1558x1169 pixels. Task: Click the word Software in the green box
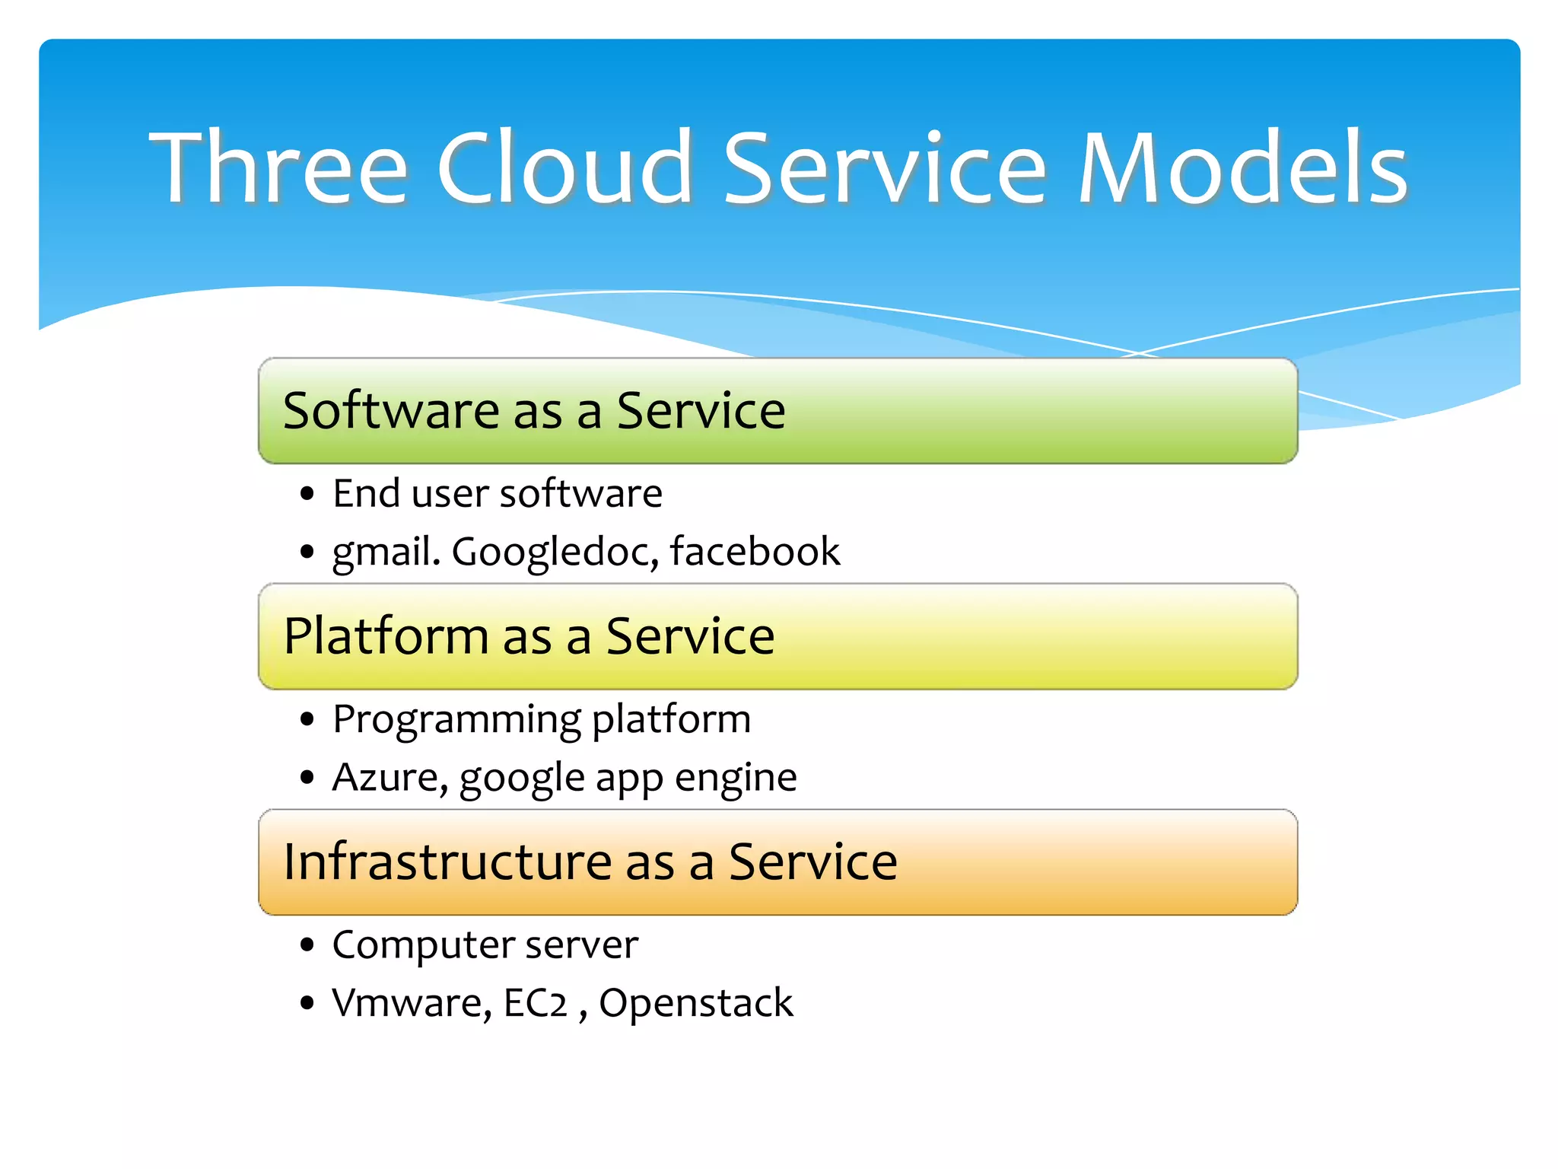pyautogui.click(x=391, y=411)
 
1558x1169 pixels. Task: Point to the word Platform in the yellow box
pyautogui.click(x=386, y=636)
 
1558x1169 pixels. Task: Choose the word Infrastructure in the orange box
pyautogui.click(x=447, y=862)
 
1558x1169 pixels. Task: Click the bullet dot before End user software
pyautogui.click(x=307, y=494)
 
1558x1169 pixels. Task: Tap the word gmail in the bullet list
pyautogui.click(x=385, y=552)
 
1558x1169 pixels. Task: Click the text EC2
pyautogui.click(x=536, y=1003)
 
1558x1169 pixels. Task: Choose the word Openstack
pyautogui.click(x=695, y=1003)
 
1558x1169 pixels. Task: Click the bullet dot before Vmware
pyautogui.click(x=307, y=1003)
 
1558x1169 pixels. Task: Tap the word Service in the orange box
pyautogui.click(x=812, y=862)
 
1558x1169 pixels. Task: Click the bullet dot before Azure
pyautogui.click(x=307, y=778)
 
